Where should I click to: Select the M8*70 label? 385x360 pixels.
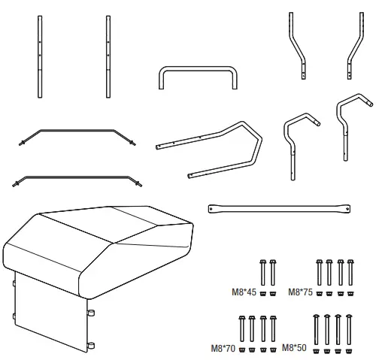[x=223, y=348]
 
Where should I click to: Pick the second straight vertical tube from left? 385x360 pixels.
[x=108, y=56]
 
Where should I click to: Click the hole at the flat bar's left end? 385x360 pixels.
[x=213, y=206]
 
